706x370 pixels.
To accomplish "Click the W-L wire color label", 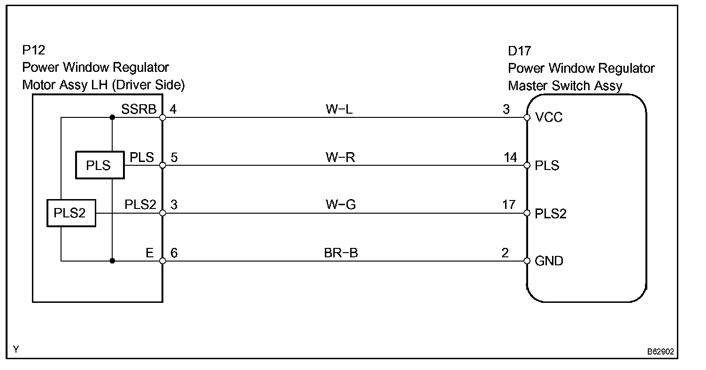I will (339, 109).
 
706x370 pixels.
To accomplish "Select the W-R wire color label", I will (340, 157).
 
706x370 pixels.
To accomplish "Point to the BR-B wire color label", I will (341, 253).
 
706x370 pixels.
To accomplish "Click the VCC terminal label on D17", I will (549, 117).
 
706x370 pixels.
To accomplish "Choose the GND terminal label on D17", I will (549, 261).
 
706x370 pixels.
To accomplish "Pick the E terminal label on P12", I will (149, 253).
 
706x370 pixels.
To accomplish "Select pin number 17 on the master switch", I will (508, 205).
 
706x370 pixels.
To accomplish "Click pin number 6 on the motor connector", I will (174, 253).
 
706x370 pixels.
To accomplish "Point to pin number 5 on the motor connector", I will (174, 157).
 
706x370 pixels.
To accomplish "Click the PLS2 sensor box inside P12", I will (71, 213).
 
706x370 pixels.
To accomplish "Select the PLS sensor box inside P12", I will (100, 165).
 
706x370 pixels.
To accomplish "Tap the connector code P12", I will (33, 50).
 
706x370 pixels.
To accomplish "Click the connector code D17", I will (520, 51).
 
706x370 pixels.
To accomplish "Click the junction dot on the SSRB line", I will (112, 117).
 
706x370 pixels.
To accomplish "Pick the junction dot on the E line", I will (112, 261).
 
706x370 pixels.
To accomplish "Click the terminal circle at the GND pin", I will (527, 261).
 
